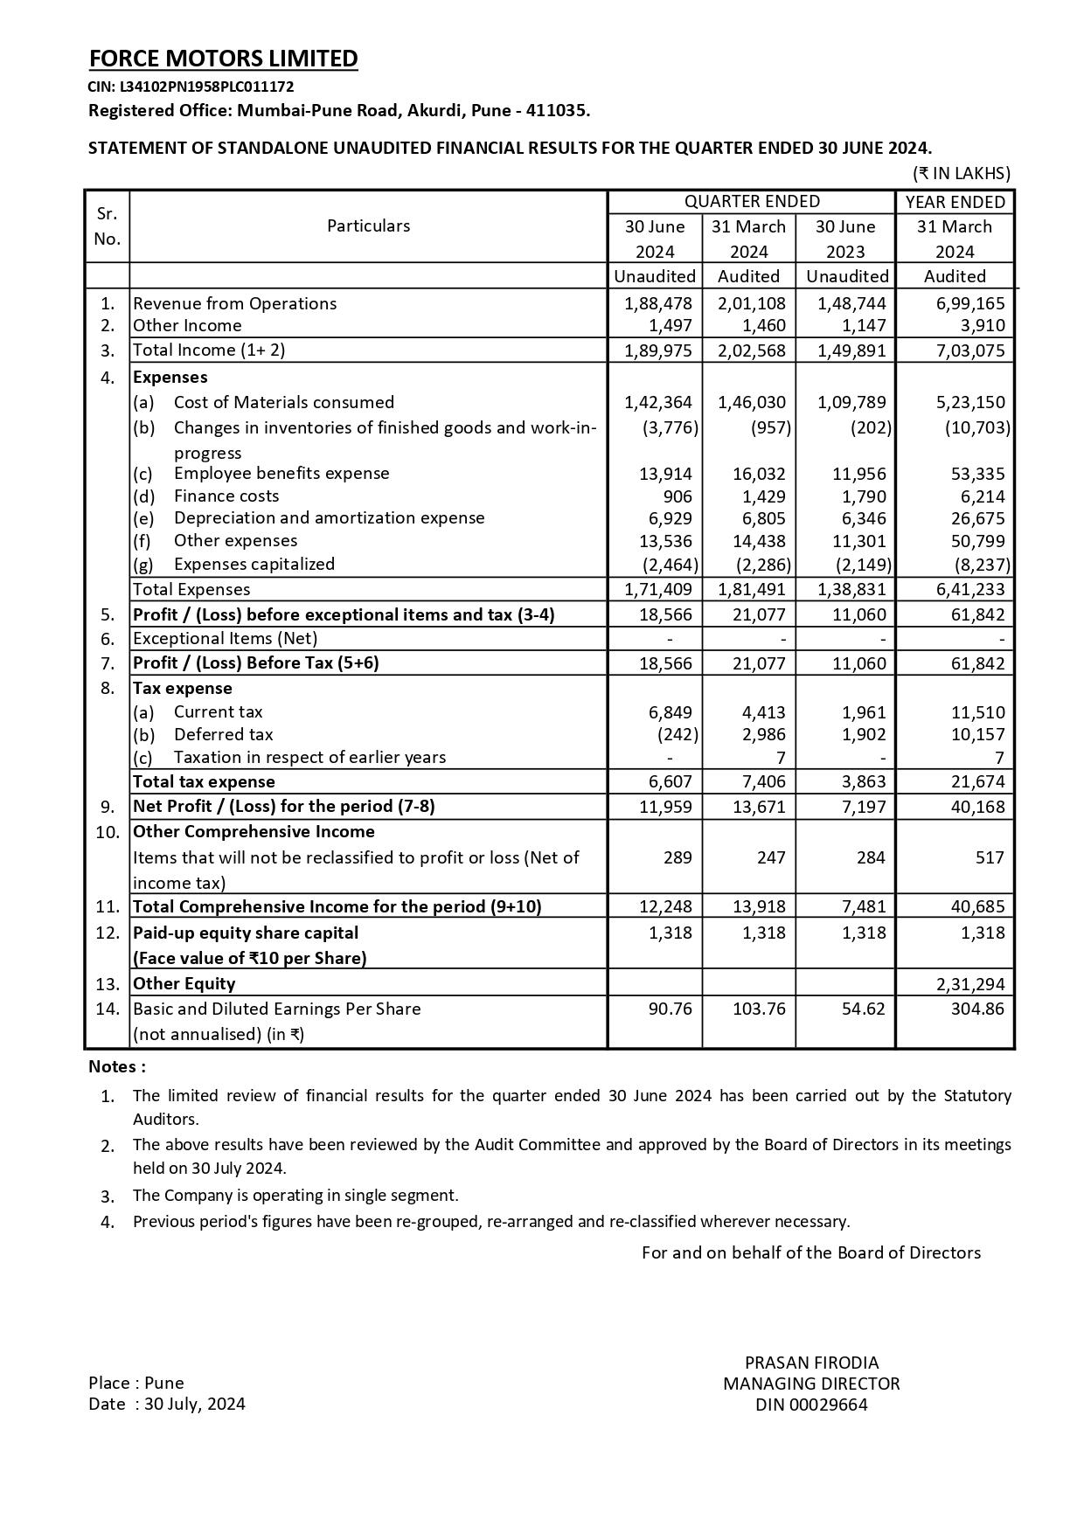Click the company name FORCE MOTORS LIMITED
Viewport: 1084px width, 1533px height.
[223, 59]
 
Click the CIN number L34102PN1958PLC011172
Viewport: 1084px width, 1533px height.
[191, 87]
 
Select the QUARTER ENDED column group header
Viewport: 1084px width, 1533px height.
[752, 202]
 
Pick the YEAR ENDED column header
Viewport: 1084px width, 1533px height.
[955, 202]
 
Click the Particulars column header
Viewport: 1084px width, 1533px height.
[368, 225]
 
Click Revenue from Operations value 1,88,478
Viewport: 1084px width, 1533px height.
[657, 303]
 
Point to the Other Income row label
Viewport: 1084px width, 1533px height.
[187, 325]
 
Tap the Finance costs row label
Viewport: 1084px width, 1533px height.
[226, 496]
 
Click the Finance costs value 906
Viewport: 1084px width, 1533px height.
[677, 496]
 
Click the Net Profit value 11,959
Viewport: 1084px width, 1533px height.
[665, 806]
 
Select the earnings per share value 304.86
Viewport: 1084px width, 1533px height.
[977, 1009]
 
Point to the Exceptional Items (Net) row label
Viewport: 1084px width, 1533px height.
[225, 638]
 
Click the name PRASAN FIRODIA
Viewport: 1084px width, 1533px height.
[811, 1363]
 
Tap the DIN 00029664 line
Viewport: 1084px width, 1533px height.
[811, 1405]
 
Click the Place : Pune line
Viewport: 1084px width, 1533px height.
[136, 1383]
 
